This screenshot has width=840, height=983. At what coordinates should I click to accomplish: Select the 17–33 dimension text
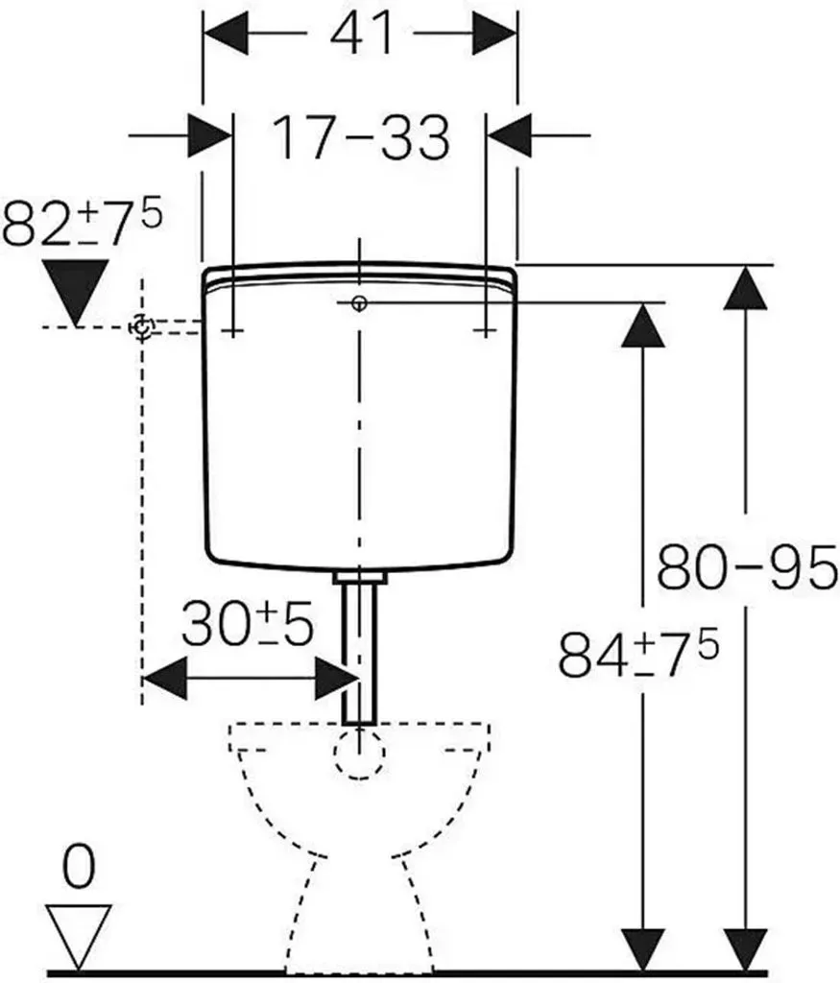coord(361,137)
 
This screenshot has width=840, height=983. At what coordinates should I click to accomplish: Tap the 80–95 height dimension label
coord(747,567)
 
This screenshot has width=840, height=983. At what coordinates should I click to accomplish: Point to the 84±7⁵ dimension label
coord(637,653)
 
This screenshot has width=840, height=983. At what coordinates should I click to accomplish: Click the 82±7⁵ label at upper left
coord(82,222)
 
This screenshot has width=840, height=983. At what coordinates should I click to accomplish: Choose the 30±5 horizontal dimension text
coord(248,624)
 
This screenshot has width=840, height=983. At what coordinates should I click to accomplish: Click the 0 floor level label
coord(79,867)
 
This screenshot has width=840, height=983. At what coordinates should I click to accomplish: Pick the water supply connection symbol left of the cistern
coord(142,327)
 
